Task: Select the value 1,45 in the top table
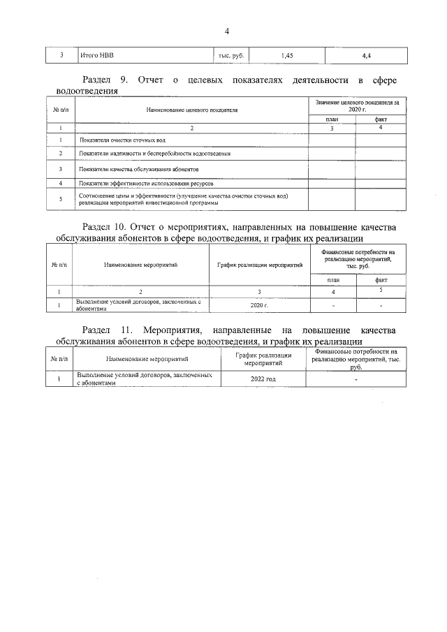coord(286,54)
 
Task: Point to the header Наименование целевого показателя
coord(192,110)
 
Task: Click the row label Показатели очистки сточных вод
coord(122,140)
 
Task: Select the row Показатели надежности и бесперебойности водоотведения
coord(155,153)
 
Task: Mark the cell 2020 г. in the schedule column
coord(259,304)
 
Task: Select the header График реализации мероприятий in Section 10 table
coord(259,265)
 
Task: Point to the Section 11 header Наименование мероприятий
coord(142,359)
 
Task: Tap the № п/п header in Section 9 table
coord(60,110)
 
